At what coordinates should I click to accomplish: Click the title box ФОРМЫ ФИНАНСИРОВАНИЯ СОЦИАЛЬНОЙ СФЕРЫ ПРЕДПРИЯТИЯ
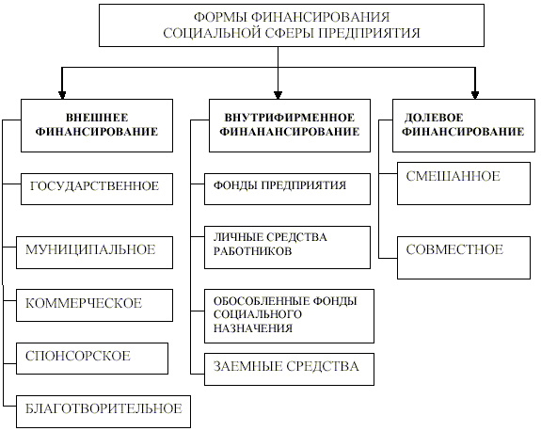click(x=292, y=25)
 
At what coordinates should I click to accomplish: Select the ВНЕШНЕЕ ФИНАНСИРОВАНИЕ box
click(x=97, y=125)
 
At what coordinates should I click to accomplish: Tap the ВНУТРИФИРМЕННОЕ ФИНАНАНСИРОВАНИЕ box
click(x=290, y=125)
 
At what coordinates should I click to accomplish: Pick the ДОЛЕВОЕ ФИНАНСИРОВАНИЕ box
click(x=464, y=125)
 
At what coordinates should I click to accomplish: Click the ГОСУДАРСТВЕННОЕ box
click(x=97, y=189)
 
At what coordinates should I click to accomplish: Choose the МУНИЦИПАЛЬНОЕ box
click(x=94, y=252)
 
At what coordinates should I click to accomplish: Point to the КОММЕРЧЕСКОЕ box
click(x=94, y=306)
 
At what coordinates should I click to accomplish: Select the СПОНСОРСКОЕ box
click(x=92, y=359)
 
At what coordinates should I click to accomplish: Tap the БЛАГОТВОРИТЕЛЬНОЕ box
click(x=103, y=411)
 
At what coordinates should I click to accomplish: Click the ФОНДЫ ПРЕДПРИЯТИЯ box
click(x=287, y=189)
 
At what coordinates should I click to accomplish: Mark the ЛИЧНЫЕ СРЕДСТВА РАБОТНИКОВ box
click(x=287, y=247)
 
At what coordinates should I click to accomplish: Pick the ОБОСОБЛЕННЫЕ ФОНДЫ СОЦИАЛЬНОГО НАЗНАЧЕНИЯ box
click(x=289, y=316)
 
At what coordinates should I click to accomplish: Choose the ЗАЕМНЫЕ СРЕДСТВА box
click(x=289, y=369)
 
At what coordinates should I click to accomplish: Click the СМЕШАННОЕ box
click(x=464, y=184)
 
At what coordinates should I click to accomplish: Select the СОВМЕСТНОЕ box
click(x=464, y=258)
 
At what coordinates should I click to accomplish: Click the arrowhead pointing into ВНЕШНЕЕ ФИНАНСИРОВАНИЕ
click(x=62, y=95)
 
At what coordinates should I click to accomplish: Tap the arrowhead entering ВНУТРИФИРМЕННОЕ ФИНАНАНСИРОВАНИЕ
click(x=278, y=95)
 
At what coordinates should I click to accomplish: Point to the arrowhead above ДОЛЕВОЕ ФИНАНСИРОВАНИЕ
click(x=475, y=95)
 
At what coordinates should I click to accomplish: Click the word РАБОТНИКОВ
click(x=252, y=251)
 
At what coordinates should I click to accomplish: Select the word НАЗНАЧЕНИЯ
click(x=253, y=327)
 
